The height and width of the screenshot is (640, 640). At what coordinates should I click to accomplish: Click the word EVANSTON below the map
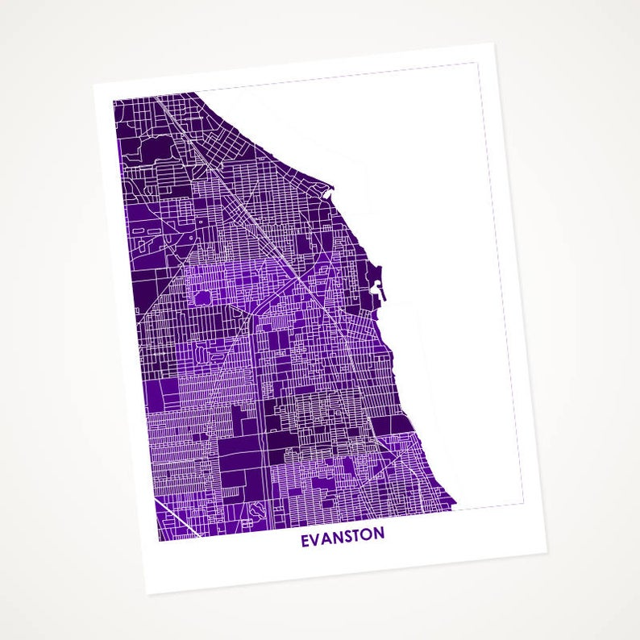pyautogui.click(x=343, y=536)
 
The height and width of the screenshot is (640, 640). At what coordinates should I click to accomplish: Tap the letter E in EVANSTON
pyautogui.click(x=305, y=538)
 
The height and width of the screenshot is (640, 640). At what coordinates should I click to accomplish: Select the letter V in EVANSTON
pyautogui.click(x=316, y=538)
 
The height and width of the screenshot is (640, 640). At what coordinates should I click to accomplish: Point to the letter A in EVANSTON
pyautogui.click(x=326, y=537)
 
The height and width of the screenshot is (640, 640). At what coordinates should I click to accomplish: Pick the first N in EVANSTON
pyautogui.click(x=337, y=537)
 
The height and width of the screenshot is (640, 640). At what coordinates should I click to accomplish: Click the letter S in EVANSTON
pyautogui.click(x=347, y=536)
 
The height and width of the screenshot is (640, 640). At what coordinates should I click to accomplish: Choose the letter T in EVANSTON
pyautogui.click(x=357, y=535)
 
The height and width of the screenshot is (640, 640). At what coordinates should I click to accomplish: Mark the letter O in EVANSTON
pyautogui.click(x=368, y=534)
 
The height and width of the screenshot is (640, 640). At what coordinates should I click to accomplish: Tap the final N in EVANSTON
pyautogui.click(x=379, y=534)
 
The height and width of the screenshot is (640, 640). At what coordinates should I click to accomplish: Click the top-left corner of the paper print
pyautogui.click(x=94, y=85)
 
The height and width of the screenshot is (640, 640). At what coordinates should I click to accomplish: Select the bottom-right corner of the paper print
pyautogui.click(x=548, y=554)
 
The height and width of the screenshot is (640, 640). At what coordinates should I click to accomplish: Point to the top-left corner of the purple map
pyautogui.click(x=113, y=101)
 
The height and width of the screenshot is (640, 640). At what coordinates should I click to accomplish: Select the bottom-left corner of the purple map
pyautogui.click(x=158, y=541)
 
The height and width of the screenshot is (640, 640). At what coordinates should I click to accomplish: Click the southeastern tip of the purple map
pyautogui.click(x=455, y=508)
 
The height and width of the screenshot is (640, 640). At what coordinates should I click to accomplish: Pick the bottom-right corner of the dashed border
pyautogui.click(x=523, y=504)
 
